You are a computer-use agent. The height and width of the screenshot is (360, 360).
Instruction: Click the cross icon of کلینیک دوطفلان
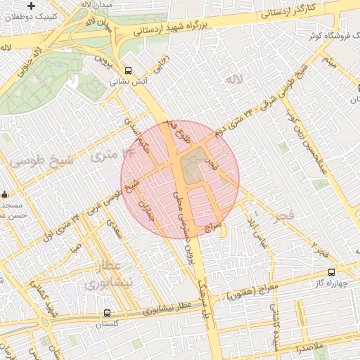point(31,6)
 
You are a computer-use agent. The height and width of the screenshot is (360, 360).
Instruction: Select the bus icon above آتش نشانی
point(128,70)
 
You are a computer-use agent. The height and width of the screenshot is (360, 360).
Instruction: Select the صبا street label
point(76,247)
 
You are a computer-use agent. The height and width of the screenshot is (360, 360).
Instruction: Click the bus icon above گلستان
point(107,313)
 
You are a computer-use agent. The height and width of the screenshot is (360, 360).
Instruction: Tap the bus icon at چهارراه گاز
point(331,273)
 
